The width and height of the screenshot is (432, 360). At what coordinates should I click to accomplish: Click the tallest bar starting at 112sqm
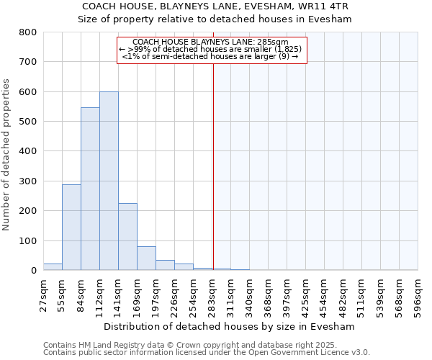coord(109,181)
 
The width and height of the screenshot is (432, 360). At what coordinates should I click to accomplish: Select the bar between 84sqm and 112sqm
coord(90,189)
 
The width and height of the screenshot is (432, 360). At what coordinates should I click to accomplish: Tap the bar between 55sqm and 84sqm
coord(71,227)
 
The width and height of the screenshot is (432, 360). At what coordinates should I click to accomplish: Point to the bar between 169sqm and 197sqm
coord(146,258)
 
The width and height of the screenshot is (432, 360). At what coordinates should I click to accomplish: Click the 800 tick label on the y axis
coord(27,32)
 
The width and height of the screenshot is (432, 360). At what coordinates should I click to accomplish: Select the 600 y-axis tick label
coord(27,92)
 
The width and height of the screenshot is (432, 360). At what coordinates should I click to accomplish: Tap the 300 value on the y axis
coord(27,181)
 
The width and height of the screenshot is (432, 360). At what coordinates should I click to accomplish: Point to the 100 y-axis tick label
coord(27,240)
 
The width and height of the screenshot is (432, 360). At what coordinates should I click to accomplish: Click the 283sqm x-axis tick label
coord(212,292)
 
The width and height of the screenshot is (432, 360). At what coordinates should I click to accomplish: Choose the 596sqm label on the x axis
coord(418,292)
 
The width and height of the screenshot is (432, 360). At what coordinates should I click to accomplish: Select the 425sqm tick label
coord(305,292)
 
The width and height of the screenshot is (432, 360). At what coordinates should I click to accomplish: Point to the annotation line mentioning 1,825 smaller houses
coord(210,49)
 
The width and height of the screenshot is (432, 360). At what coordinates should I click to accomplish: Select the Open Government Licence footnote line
coord(207,353)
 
